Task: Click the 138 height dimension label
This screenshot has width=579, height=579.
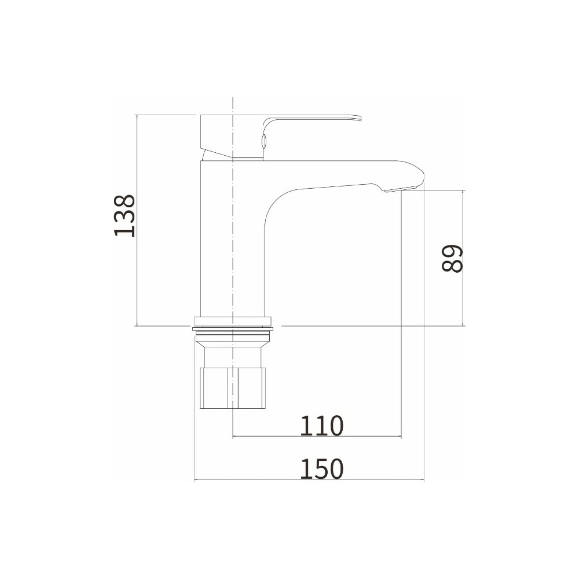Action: click(125, 215)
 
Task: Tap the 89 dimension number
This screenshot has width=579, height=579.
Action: click(452, 258)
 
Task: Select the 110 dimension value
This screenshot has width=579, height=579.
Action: click(321, 426)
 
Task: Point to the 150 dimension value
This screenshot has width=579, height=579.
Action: click(321, 468)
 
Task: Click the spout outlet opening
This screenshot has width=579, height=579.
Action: click(400, 189)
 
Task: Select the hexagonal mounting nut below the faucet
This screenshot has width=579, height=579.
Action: click(233, 388)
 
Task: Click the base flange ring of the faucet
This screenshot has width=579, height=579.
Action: click(233, 322)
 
